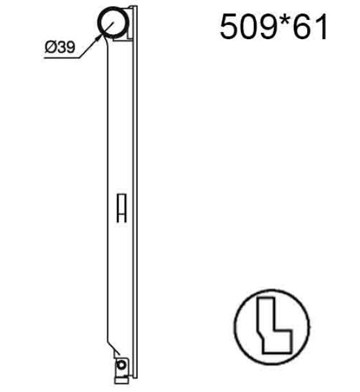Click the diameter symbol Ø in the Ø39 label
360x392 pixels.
(x=50, y=47)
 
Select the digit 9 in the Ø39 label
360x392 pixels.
(x=70, y=47)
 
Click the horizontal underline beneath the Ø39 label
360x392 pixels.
(x=62, y=58)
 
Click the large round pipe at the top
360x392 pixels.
(x=113, y=22)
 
